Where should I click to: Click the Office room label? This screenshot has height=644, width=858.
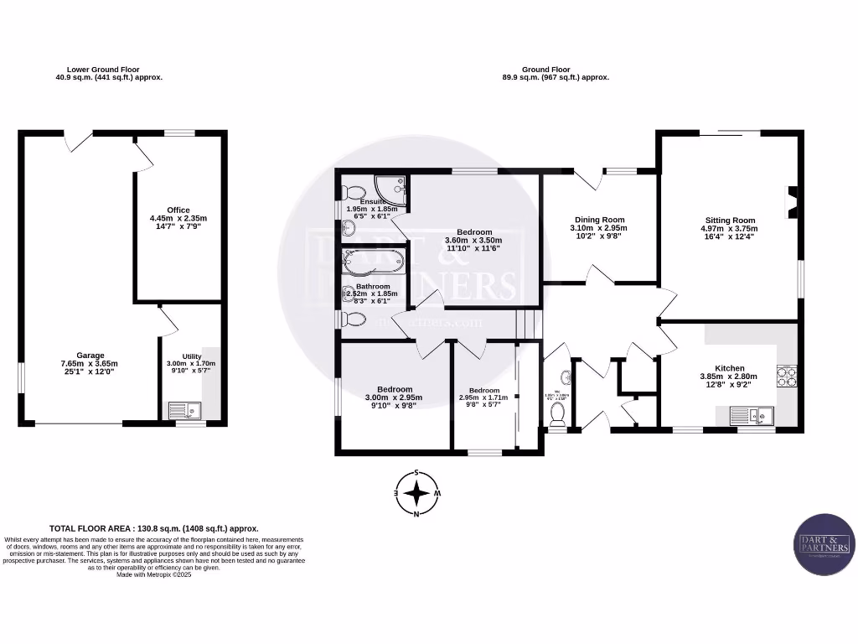(178, 210)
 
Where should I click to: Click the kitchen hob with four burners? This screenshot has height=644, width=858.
(786, 377)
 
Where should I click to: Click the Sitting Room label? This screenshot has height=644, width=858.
(729, 219)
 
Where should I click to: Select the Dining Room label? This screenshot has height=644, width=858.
(598, 219)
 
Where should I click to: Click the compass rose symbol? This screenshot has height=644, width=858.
(416, 493)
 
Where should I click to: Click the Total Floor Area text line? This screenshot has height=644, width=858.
(154, 529)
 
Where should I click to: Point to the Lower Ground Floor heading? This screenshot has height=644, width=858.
(104, 70)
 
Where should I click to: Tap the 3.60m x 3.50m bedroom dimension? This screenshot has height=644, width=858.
(474, 240)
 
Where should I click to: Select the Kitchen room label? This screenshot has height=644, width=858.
(729, 367)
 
